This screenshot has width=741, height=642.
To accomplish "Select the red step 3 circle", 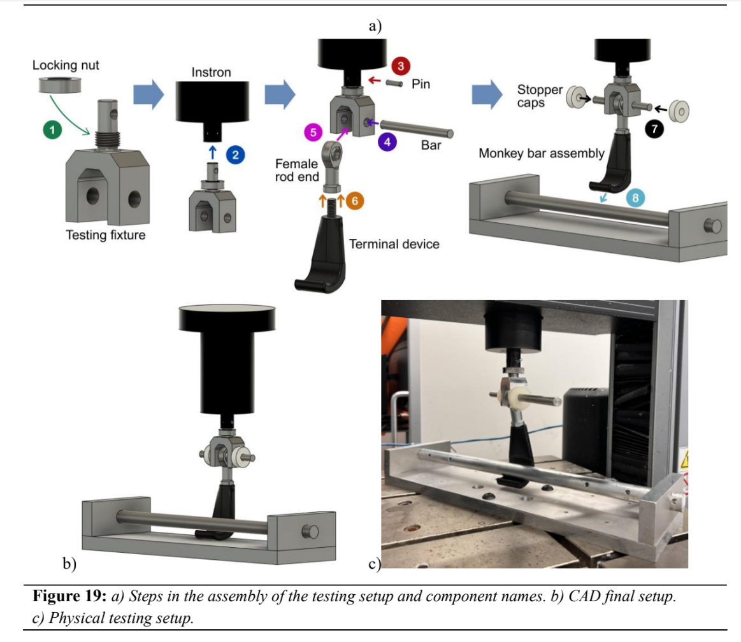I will (x=401, y=65).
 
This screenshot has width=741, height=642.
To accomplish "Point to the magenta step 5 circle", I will (x=313, y=133).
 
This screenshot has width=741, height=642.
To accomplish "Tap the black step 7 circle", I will (x=654, y=130).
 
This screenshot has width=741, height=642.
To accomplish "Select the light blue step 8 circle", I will (x=635, y=197).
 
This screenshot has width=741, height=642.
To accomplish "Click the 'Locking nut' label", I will (x=66, y=65).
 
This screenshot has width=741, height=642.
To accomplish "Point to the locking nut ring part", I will (x=57, y=83).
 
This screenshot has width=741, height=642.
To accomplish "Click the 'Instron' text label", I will (x=211, y=73).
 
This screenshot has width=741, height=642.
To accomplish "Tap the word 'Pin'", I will (x=421, y=84).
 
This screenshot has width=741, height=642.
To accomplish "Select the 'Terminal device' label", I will (x=394, y=244).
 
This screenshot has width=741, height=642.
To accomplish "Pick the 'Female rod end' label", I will (x=296, y=171).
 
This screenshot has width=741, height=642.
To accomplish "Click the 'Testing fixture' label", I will (x=106, y=235).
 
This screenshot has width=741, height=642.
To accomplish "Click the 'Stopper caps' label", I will (x=540, y=96).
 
